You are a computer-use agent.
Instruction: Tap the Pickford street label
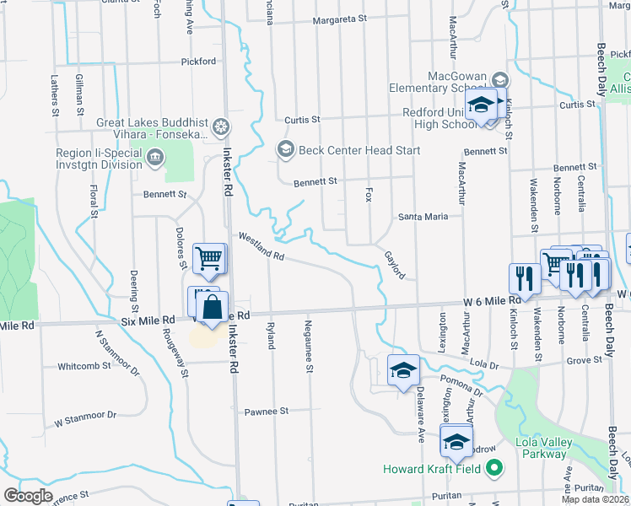click(198, 62)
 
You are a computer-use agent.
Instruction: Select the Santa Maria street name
click(423, 217)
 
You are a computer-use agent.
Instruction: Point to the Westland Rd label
click(262, 248)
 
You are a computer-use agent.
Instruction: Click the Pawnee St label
click(267, 412)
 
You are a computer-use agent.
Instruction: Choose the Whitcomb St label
click(84, 366)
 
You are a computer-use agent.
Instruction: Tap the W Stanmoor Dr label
click(85, 417)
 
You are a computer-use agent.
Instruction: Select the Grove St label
click(585, 359)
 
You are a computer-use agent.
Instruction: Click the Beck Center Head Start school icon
click(285, 150)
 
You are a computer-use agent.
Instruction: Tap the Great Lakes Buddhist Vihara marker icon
click(220, 127)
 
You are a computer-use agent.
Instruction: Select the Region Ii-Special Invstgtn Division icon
click(154, 158)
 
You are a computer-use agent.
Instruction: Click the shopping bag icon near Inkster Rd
click(213, 310)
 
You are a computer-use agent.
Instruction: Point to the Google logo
click(29, 496)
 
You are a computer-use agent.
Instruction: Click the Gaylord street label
click(395, 265)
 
